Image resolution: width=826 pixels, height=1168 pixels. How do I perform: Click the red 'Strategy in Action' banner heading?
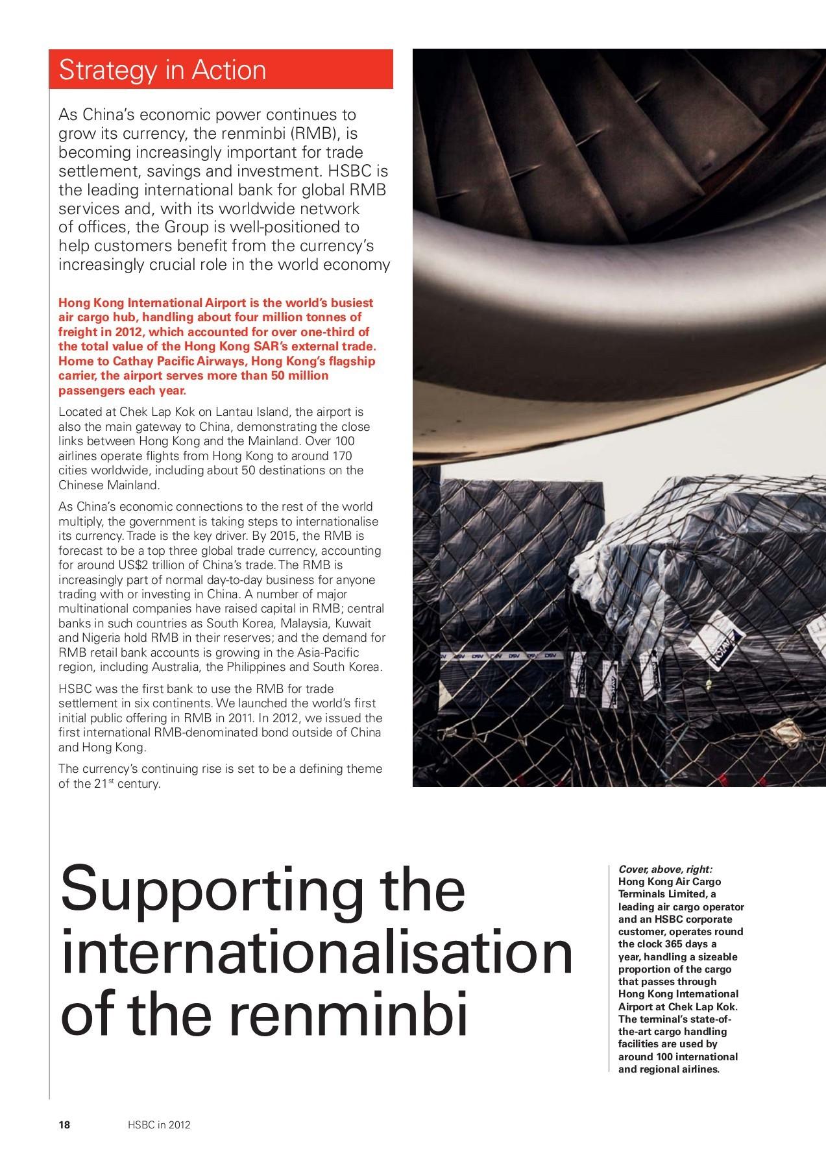pyautogui.click(x=162, y=70)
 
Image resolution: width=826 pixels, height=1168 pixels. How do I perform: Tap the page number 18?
pyautogui.click(x=65, y=1125)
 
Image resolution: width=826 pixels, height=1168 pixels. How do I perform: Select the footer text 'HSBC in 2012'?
pyautogui.click(x=159, y=1125)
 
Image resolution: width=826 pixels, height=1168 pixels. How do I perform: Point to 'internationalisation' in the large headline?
pyautogui.click(x=317, y=955)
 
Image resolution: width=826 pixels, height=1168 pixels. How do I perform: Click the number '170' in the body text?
pyautogui.click(x=342, y=456)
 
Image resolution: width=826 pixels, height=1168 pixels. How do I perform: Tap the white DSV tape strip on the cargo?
pyautogui.click(x=500, y=656)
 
